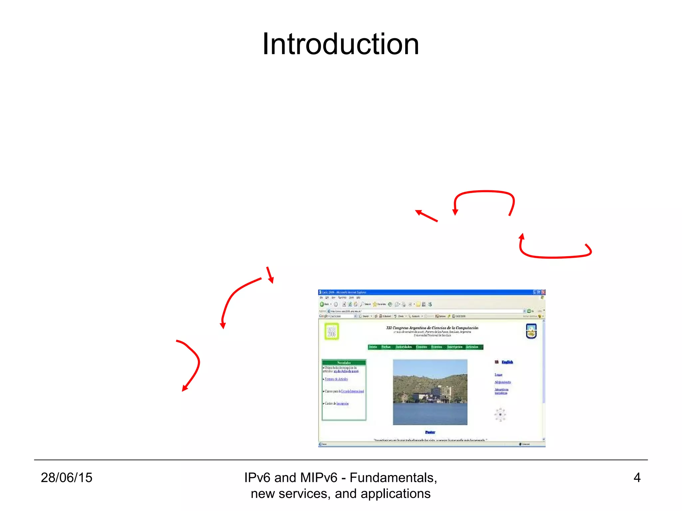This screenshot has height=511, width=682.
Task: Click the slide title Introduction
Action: (x=340, y=44)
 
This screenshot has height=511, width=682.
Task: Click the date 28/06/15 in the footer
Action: (x=66, y=477)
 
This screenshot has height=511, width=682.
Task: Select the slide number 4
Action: (x=637, y=477)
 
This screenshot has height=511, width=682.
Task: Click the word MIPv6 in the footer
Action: (x=319, y=477)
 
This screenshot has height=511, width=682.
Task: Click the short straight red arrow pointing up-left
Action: (x=426, y=216)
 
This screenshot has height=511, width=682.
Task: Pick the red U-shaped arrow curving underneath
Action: (x=554, y=256)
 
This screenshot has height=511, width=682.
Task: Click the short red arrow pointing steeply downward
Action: (x=270, y=275)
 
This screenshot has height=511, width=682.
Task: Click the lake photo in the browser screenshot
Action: (x=430, y=392)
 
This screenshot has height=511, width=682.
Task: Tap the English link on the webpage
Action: (x=507, y=362)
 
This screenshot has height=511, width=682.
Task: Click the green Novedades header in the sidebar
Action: (x=344, y=363)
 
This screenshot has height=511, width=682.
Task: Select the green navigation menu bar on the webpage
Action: (x=425, y=347)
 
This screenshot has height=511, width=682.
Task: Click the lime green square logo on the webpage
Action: (x=332, y=331)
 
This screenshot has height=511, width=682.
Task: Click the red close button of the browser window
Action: (x=543, y=292)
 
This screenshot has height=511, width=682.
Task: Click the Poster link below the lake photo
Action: (x=430, y=432)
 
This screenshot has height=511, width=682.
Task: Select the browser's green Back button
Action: (x=322, y=304)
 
